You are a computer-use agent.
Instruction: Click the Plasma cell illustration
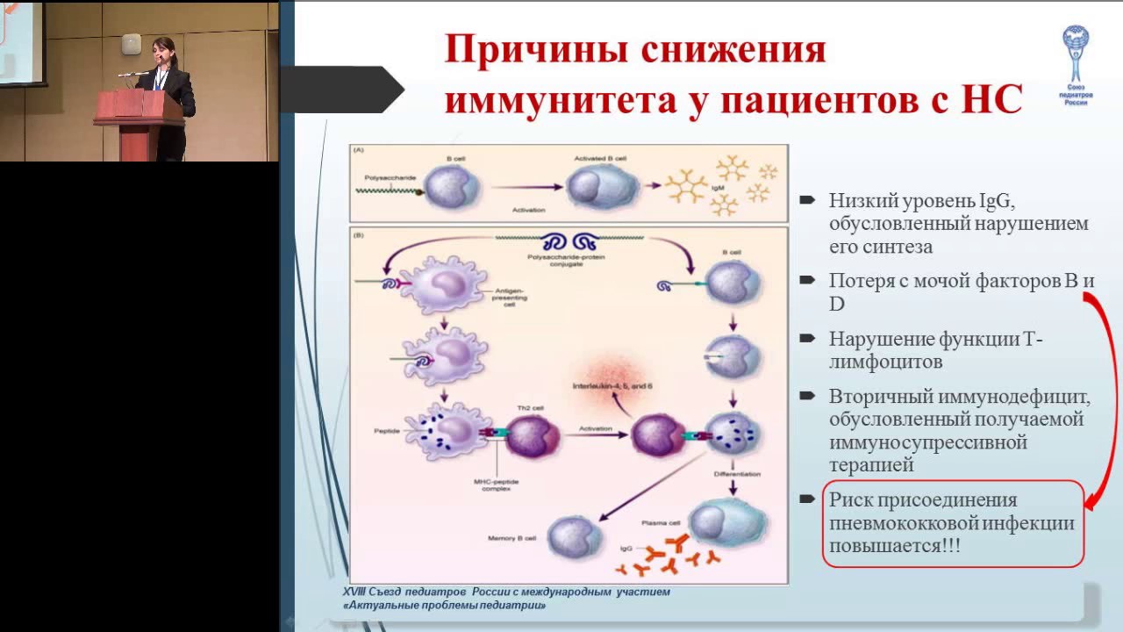point(721,523)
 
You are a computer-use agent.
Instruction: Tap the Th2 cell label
point(524,409)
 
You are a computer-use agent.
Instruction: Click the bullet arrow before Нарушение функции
point(807,338)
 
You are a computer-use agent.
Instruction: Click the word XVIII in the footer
point(357,592)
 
